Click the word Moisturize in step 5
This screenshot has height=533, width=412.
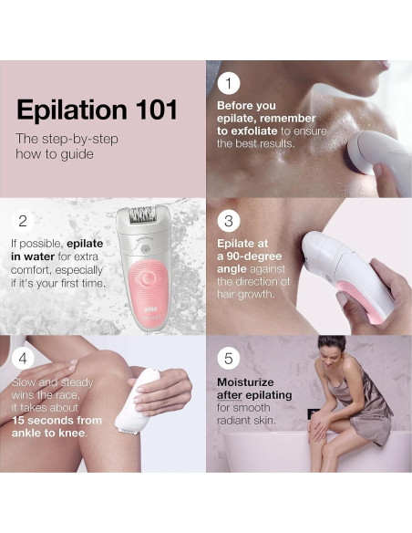(x=247, y=382)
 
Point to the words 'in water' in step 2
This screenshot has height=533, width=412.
(x=31, y=256)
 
